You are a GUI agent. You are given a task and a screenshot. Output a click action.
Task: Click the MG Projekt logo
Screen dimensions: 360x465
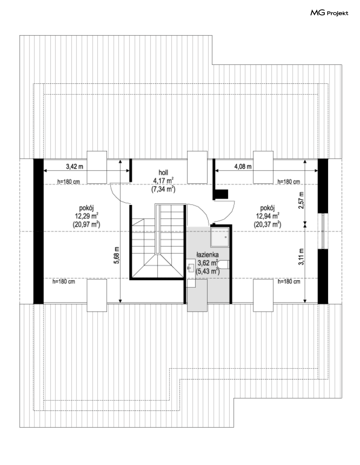pos(329,13)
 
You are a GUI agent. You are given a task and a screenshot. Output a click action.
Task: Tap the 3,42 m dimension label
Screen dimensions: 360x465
pos(75,166)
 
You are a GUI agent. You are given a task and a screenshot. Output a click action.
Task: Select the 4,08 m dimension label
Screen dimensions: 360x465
pos(243,166)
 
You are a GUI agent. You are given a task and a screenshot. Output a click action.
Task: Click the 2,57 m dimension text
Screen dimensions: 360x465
pos(301,200)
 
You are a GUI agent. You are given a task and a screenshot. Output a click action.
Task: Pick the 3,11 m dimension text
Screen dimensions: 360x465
pos(301,257)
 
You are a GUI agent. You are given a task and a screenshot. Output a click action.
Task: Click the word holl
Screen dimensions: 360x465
pos(163,173)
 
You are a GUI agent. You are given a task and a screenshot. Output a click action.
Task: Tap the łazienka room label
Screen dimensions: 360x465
pos(207,255)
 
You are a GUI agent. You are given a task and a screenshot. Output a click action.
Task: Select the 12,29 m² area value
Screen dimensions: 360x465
pos(86,216)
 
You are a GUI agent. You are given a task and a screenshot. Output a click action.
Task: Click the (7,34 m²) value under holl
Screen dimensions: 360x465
pos(163,189)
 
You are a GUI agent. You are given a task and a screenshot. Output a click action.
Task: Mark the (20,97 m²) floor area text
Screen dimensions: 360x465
pos(86,224)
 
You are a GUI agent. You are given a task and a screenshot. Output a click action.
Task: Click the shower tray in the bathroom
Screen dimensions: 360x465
pos(220,237)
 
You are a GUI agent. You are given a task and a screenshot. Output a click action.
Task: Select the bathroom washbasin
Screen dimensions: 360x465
pos(190,268)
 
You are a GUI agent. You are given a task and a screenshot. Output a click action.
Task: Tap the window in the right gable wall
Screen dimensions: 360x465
pos(323,231)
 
